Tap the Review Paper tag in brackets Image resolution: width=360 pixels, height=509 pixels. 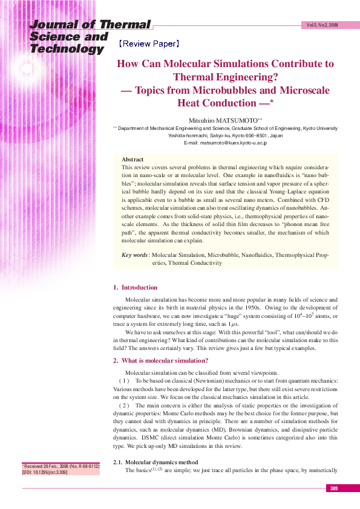point(149,44)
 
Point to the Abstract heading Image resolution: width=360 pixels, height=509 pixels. point(133,159)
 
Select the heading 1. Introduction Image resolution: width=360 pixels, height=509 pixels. point(136,288)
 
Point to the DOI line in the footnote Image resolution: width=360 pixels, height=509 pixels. point(45,472)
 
